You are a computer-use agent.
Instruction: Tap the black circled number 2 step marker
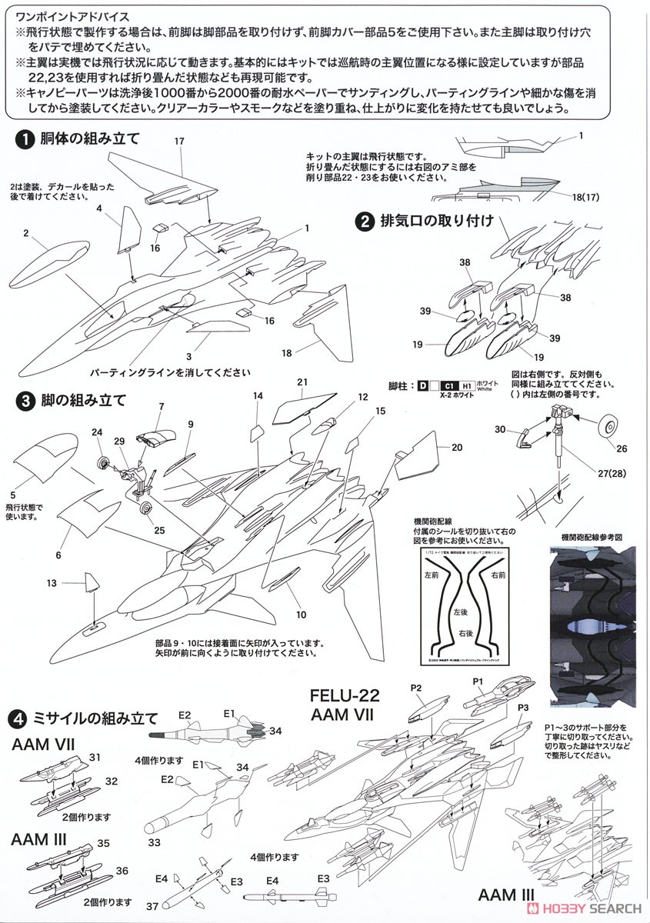[364, 222]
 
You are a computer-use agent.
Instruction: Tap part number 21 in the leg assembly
[302, 382]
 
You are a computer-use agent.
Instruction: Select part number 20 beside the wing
[457, 446]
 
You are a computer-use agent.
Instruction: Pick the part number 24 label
[97, 432]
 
